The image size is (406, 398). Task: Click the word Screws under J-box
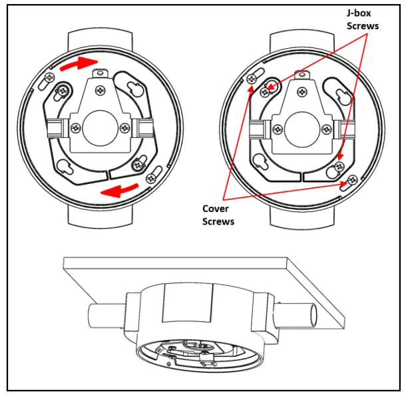(x=366, y=26)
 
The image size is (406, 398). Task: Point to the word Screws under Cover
(x=218, y=221)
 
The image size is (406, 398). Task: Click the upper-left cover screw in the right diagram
(x=252, y=79)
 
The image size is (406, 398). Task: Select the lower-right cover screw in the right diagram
(x=351, y=179)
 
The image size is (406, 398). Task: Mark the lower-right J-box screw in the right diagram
(x=339, y=165)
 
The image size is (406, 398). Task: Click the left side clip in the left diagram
(x=55, y=127)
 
